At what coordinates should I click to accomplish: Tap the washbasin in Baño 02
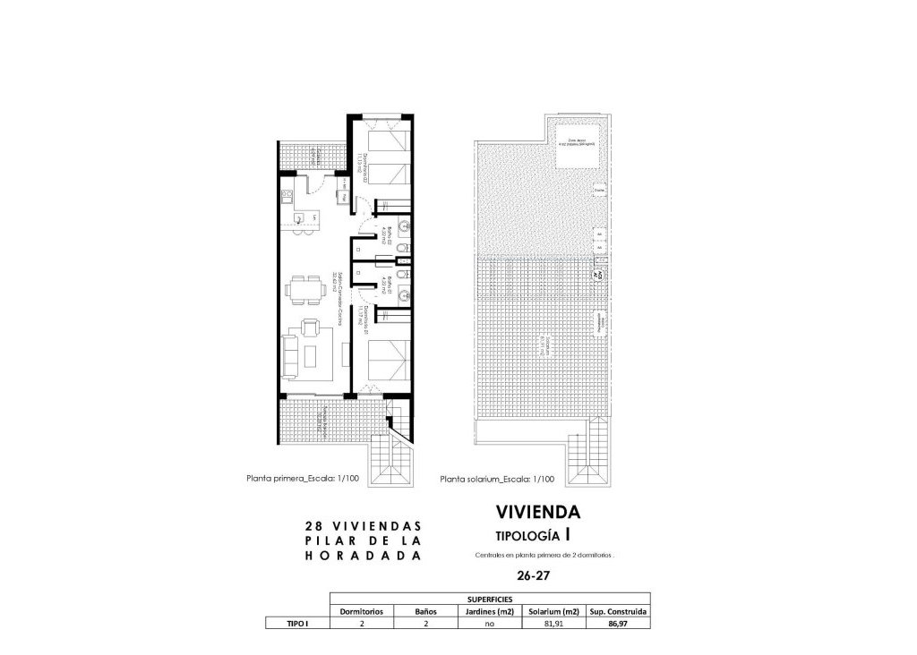coord(404,225)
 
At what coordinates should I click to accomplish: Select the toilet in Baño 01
coord(405,273)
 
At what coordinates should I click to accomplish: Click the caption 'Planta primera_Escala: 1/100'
coord(303,479)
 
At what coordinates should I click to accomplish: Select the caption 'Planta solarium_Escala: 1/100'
coord(497,480)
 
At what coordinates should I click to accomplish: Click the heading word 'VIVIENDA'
coord(538,513)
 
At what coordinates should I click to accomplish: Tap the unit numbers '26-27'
coord(535,574)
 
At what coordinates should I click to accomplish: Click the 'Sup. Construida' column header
coord(618,612)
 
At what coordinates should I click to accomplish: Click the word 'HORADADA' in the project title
coord(363,556)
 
